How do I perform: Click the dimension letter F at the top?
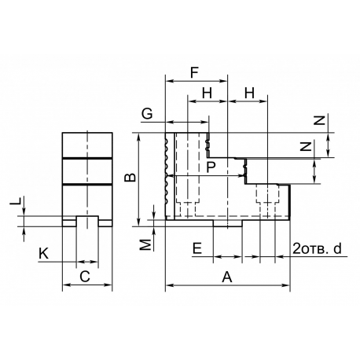[x=194, y=73]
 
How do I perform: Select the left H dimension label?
[x=208, y=93]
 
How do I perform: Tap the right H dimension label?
[x=249, y=93]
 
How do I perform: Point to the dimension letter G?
[x=147, y=114]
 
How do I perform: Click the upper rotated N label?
[x=319, y=120]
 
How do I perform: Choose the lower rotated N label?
[x=306, y=146]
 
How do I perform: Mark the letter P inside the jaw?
[x=211, y=167]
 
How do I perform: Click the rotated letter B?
[x=130, y=178]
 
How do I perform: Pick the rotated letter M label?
[x=146, y=244]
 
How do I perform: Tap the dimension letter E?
[x=197, y=248]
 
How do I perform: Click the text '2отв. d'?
[x=317, y=248]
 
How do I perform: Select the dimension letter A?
[x=227, y=277]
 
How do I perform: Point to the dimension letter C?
[x=85, y=277]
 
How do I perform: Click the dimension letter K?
[x=44, y=254]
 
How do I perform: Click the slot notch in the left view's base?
[x=87, y=222]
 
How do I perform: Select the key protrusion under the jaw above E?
[x=228, y=223]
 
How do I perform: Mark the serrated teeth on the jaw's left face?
[x=167, y=171]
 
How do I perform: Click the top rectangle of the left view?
[x=87, y=145]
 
